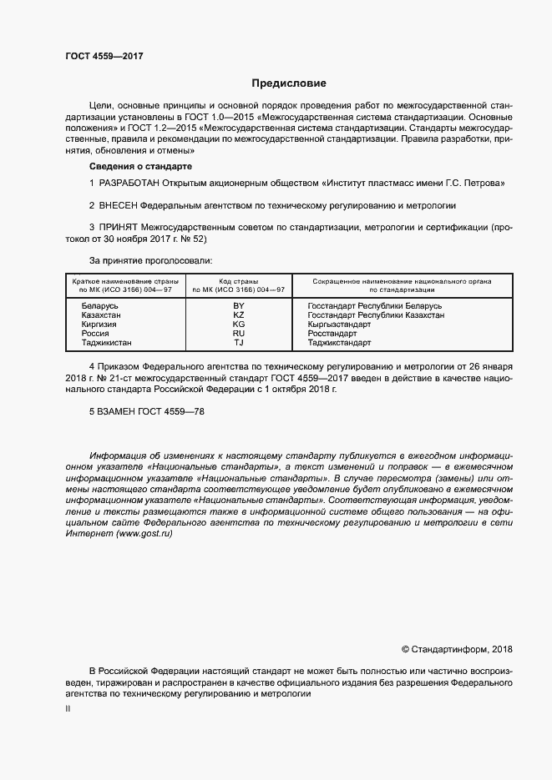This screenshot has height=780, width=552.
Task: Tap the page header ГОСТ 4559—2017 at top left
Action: (x=104, y=56)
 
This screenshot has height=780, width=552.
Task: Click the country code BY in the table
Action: (x=238, y=307)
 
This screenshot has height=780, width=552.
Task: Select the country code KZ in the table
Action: (x=238, y=316)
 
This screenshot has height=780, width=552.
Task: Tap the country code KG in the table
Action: (x=238, y=325)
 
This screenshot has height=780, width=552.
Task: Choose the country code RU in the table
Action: (x=238, y=334)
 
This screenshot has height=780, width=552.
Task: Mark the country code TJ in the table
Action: (x=238, y=342)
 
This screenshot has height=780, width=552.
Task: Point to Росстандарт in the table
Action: (x=332, y=334)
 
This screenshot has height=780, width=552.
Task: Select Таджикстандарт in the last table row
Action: (x=339, y=342)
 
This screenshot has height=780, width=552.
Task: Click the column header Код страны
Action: (x=238, y=282)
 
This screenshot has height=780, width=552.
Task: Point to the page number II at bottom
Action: (x=68, y=708)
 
